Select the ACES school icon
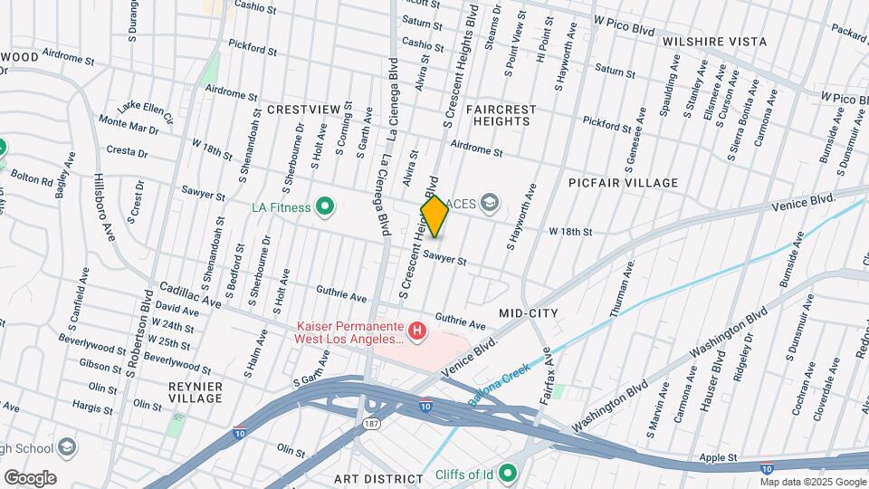pyautogui.click(x=490, y=201)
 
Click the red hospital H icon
pyautogui.click(x=417, y=331)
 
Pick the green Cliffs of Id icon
pyautogui.click(x=508, y=472)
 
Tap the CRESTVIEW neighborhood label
pyautogui.click(x=303, y=110)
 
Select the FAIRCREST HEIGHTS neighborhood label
pyautogui.click(x=501, y=115)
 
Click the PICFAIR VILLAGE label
pyautogui.click(x=623, y=183)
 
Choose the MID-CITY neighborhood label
pyautogui.click(x=528, y=313)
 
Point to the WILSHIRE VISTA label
pyautogui.click(x=714, y=42)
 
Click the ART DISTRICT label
pyautogui.click(x=377, y=478)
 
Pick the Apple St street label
pyautogui.click(x=719, y=459)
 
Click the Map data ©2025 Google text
pyautogui.click(x=813, y=481)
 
